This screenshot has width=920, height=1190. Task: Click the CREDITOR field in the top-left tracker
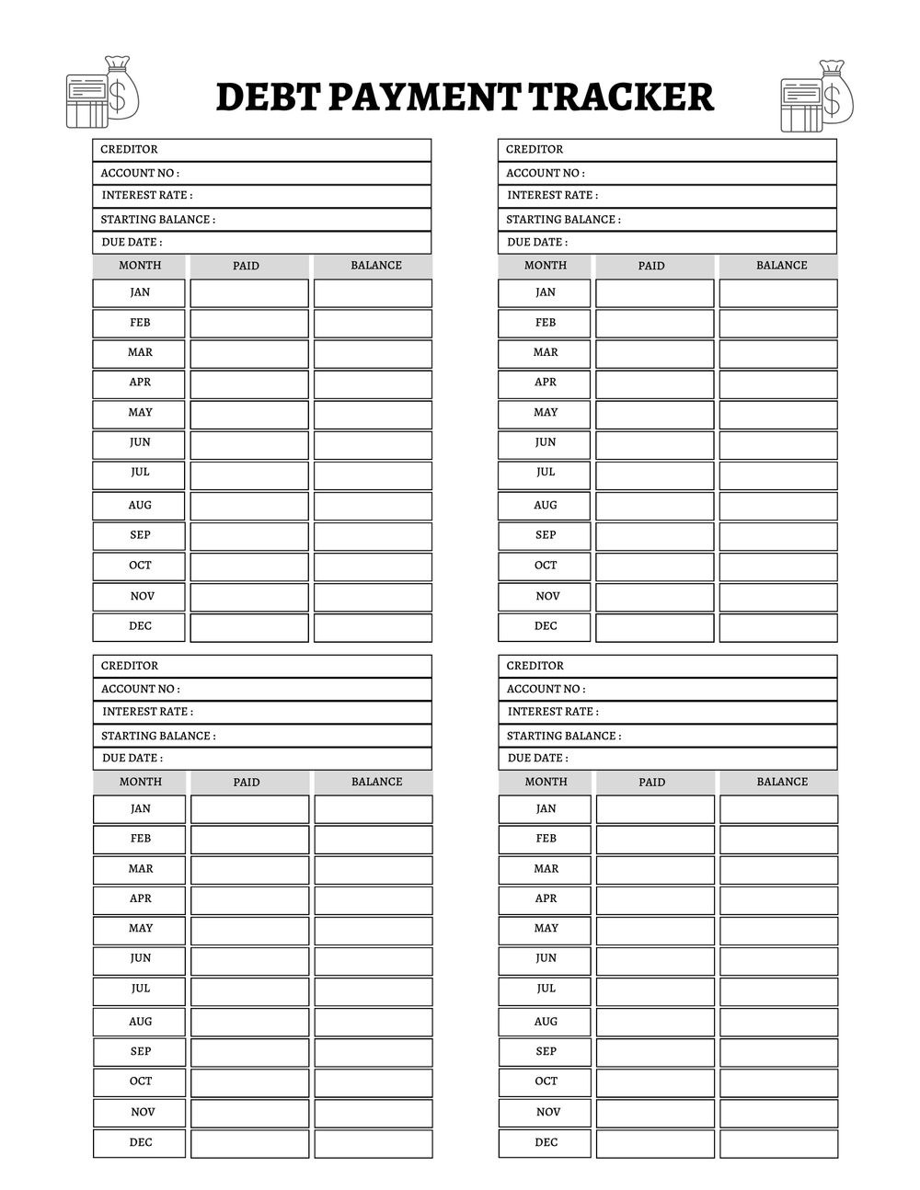tap(261, 150)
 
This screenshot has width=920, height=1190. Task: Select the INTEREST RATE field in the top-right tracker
tap(667, 196)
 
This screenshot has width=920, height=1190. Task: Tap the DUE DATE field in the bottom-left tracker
tap(262, 759)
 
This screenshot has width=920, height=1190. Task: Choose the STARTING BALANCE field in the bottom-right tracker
tap(668, 736)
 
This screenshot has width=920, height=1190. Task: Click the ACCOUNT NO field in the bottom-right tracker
tap(668, 689)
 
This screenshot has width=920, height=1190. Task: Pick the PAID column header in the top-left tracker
tap(247, 266)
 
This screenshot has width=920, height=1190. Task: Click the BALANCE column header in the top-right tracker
tap(781, 266)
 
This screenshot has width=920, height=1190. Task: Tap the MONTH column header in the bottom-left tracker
tap(140, 782)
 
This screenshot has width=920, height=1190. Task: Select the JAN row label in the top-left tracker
tap(139, 292)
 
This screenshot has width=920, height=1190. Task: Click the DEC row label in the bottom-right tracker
tap(546, 1142)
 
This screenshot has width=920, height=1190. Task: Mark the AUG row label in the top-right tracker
tap(545, 505)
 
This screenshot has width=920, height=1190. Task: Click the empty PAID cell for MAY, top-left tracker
tap(249, 414)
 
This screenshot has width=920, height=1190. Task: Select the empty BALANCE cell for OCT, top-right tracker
tap(778, 566)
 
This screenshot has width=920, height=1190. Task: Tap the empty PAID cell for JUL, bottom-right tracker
tap(655, 990)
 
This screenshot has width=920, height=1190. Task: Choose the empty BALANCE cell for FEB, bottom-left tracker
tap(374, 840)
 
